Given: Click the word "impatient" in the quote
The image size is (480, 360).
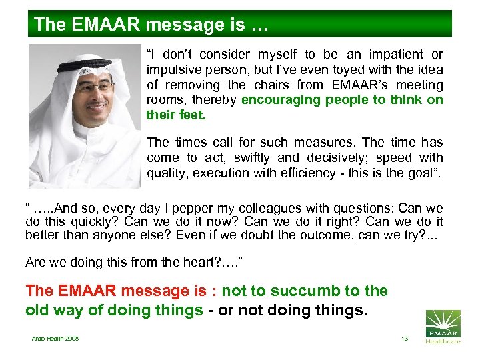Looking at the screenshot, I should [387, 55].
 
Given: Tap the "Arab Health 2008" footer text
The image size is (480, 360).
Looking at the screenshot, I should [55, 339].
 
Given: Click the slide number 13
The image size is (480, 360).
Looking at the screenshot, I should [404, 339].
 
